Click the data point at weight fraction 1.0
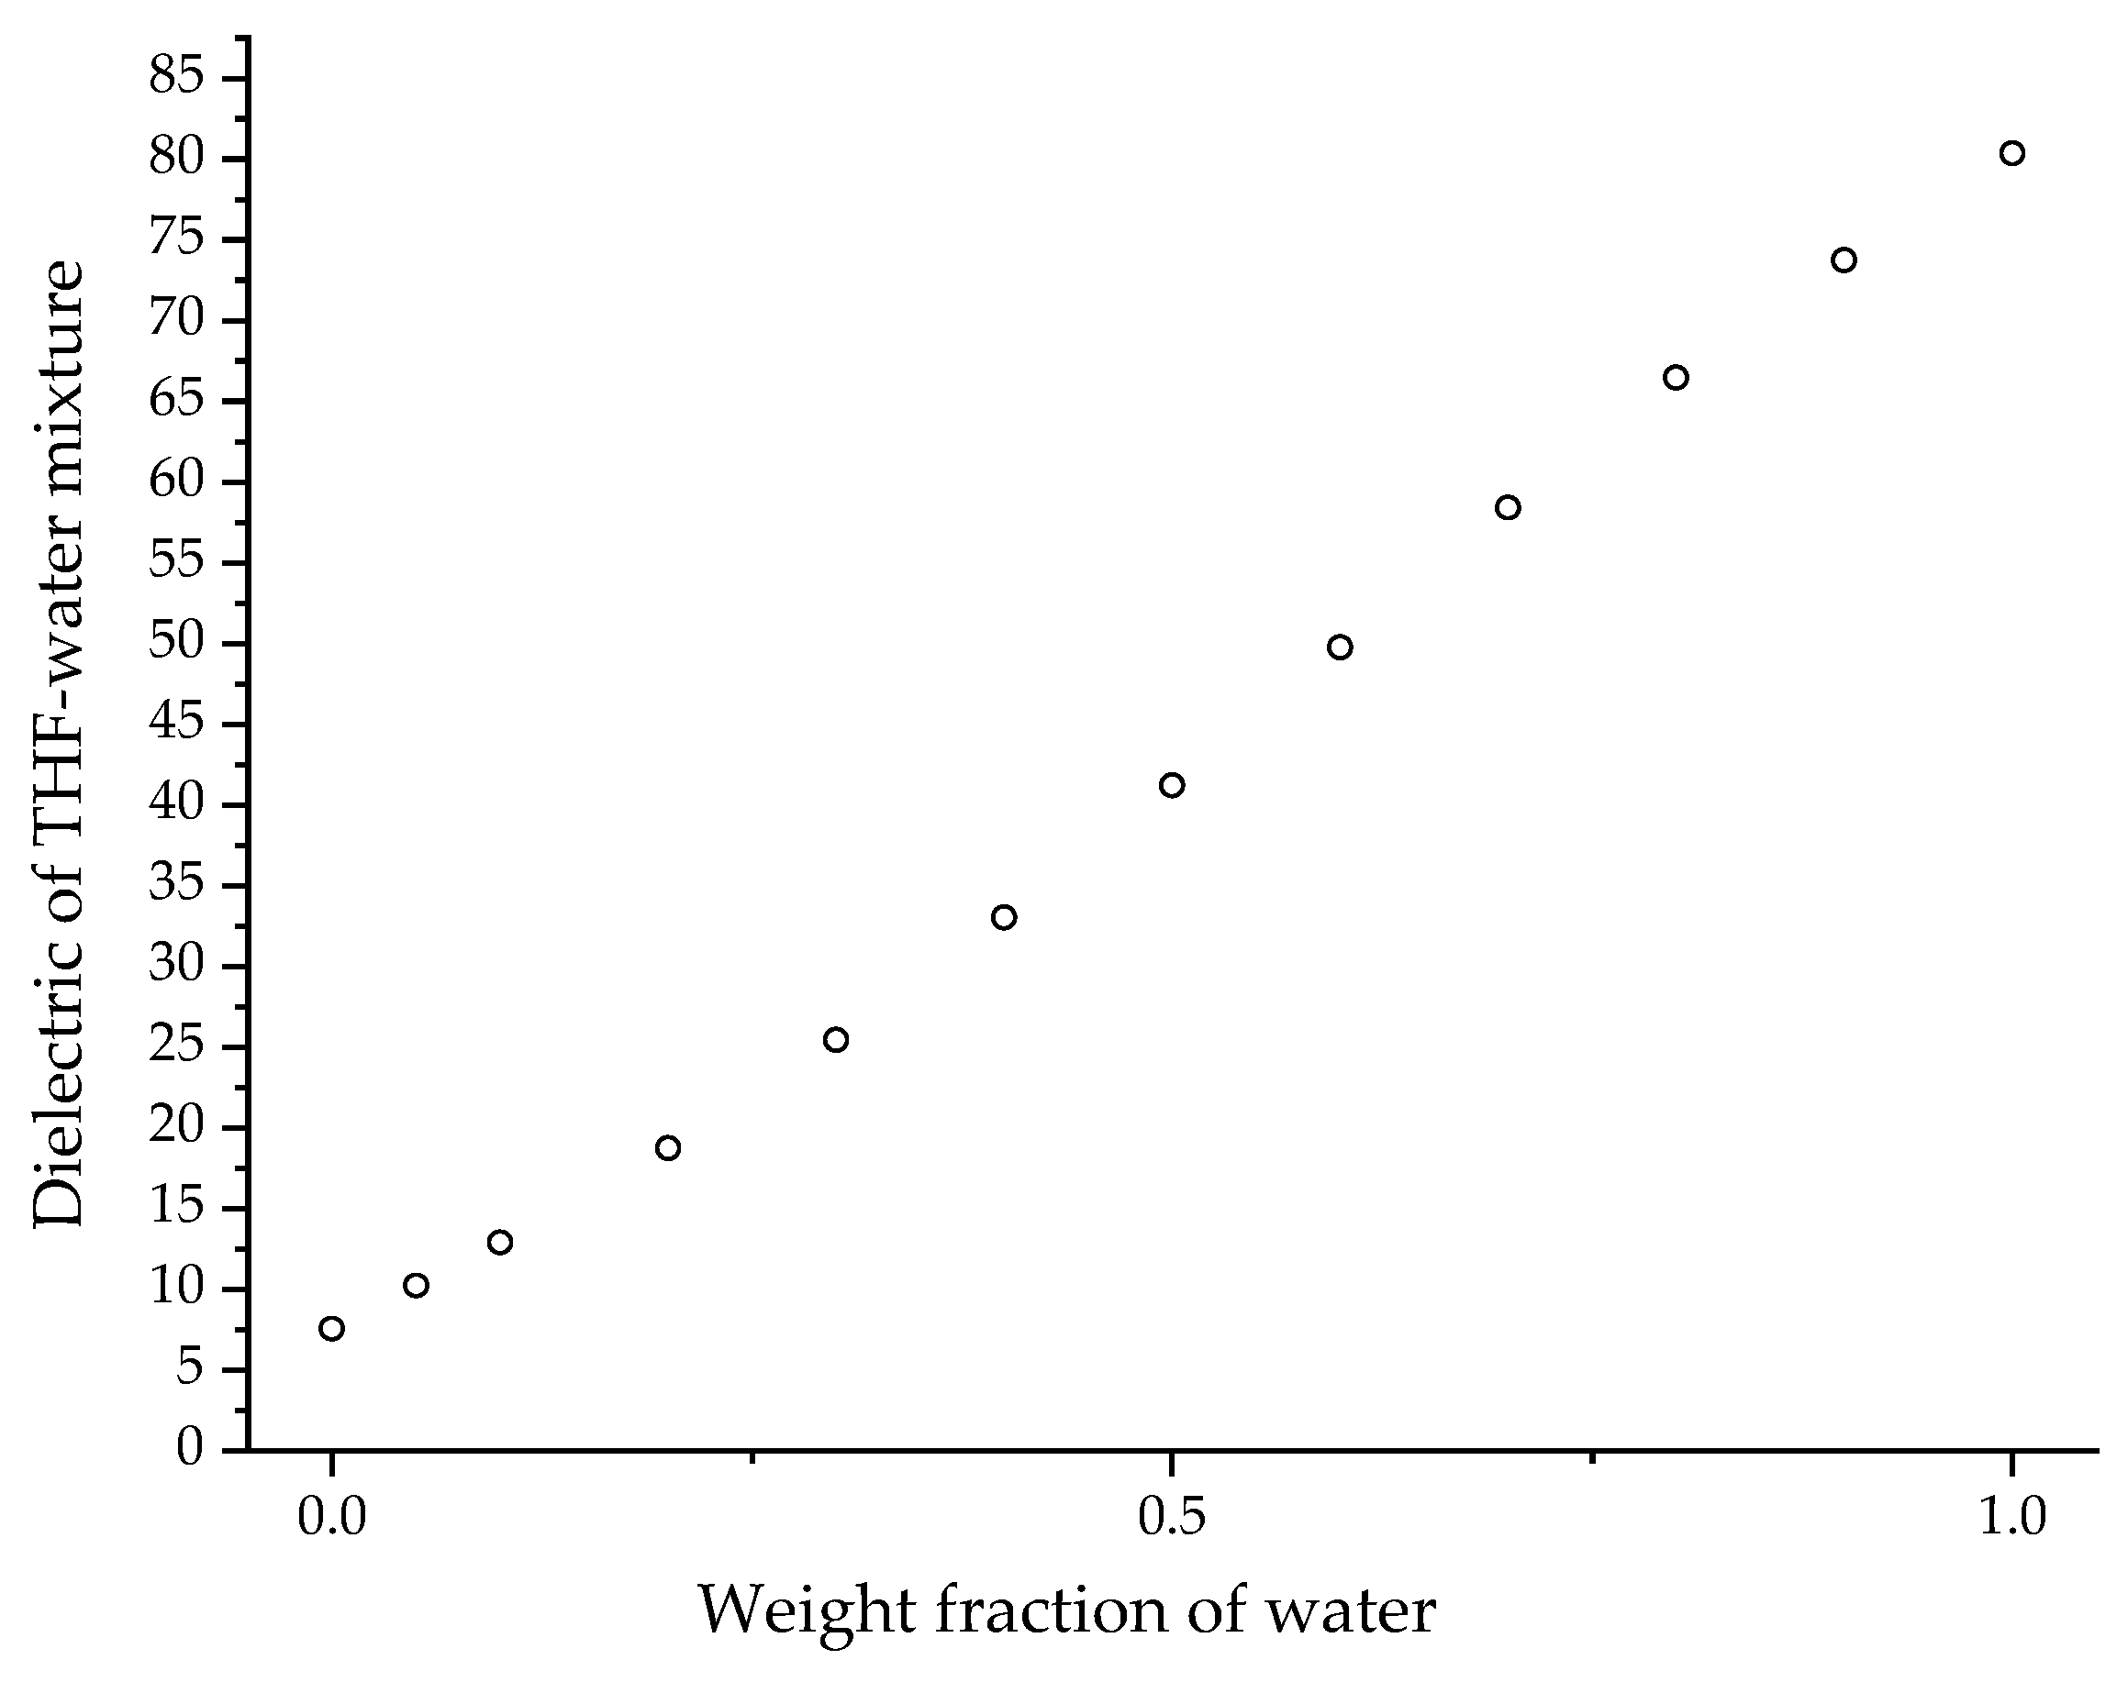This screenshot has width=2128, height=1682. (2011, 154)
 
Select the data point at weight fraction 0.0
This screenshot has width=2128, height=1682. (332, 1329)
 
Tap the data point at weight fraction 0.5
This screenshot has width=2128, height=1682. (1172, 785)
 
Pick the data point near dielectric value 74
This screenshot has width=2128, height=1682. (1844, 260)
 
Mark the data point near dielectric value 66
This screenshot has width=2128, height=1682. (1676, 377)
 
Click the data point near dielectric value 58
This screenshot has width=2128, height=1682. (1508, 507)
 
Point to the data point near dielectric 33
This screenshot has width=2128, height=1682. (1004, 918)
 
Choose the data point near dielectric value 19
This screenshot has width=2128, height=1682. (668, 1148)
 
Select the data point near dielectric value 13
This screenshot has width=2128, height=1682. (500, 1242)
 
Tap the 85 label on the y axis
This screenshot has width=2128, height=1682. (176, 77)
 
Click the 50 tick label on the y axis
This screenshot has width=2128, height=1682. (176, 643)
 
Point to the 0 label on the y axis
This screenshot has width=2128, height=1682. (189, 1447)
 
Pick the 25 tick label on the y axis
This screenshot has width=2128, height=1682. (176, 1046)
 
